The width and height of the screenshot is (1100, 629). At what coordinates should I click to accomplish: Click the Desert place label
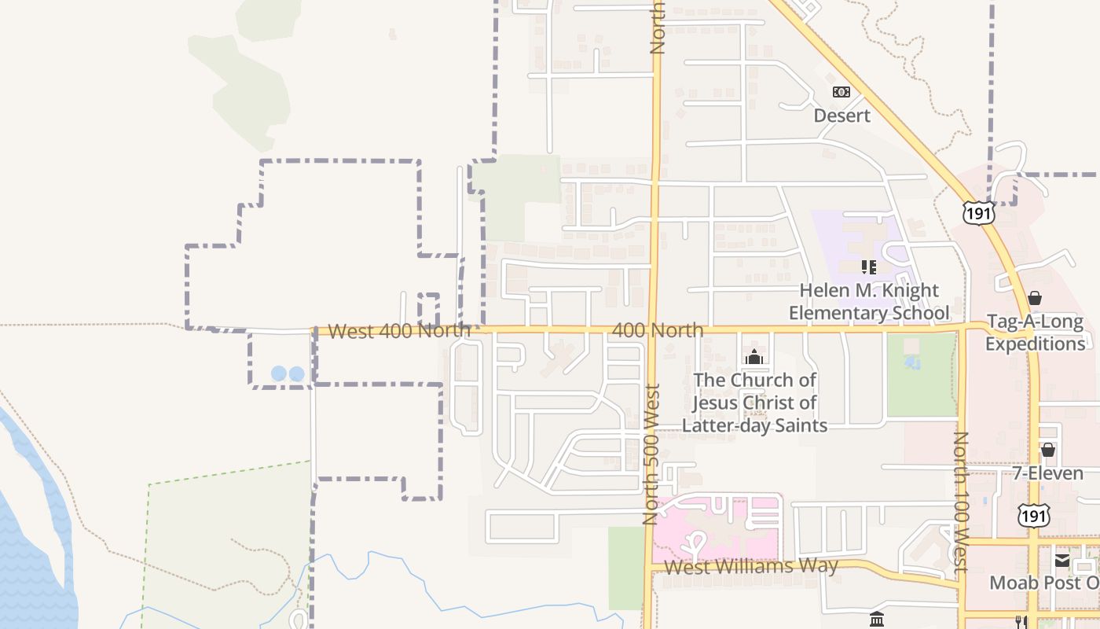pos(841,116)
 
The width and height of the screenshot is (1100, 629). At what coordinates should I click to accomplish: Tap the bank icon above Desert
pos(841,92)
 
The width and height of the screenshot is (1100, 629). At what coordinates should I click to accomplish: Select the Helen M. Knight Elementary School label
pos(869,302)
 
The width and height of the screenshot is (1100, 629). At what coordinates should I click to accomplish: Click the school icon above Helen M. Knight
pos(868,267)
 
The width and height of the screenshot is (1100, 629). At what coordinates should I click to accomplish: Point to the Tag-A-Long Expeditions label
pos(1035,333)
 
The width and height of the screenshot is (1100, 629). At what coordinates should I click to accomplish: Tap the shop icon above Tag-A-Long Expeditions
pos(1035,299)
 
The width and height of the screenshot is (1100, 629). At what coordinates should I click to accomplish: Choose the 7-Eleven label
pos(1047,473)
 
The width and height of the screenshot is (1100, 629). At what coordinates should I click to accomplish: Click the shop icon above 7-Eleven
pos(1047,450)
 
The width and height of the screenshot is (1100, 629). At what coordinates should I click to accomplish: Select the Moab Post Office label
pos(1044,583)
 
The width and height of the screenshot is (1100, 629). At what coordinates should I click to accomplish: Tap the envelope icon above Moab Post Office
pos(1061,561)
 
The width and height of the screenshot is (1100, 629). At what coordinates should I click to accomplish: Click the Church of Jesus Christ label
pos(754,403)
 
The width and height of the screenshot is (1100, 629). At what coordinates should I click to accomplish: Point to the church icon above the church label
pos(754,358)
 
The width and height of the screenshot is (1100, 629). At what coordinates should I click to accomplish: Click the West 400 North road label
pos(399,331)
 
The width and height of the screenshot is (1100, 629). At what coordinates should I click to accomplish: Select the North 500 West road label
pos(651,454)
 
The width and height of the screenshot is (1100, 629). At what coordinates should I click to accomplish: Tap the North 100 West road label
pos(960,501)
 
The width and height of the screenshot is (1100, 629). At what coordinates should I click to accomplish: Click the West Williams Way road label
pos(751,566)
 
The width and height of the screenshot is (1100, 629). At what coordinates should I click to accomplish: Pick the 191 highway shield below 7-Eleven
pos(1032,516)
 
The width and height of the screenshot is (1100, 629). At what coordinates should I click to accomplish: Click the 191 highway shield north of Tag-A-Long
pos(979,213)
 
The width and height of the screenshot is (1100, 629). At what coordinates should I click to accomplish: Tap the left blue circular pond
pos(279,374)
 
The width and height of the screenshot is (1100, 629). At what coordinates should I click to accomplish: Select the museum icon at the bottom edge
pos(877,620)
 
